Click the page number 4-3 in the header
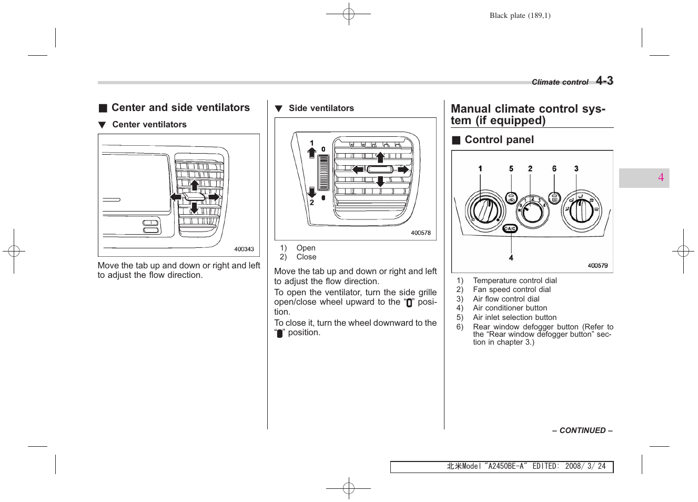604,81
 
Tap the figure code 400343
244,249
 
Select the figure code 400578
420,233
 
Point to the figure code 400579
597,266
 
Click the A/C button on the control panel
510,228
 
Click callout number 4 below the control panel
511,258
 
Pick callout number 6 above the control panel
554,169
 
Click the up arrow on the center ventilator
194,185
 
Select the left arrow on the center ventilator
175,197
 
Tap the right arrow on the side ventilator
403,169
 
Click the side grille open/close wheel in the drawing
323,173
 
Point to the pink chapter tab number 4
661,178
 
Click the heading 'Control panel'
499,140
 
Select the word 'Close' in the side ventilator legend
306,257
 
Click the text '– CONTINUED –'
582,430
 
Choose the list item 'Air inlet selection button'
514,317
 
